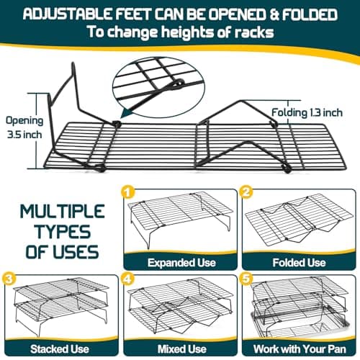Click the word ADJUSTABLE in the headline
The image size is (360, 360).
[68, 14]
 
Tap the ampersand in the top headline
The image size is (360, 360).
[274, 14]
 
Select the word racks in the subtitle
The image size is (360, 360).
[254, 32]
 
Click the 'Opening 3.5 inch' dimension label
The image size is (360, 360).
[24, 127]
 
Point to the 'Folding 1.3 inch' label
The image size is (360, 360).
[307, 112]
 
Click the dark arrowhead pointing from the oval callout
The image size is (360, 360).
[126, 113]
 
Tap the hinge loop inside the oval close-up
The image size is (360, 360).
[178, 83]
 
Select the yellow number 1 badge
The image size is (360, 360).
[128, 192]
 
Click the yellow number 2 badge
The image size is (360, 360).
[246, 192]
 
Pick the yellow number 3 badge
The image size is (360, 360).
[9, 279]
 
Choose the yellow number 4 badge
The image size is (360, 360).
[128, 279]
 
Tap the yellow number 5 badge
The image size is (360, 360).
[246, 279]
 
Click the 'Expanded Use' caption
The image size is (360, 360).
[181, 263]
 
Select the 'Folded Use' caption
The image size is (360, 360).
[299, 263]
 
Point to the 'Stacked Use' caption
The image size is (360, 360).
[60, 349]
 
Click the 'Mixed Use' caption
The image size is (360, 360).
[182, 349]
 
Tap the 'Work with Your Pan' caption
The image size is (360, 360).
[300, 349]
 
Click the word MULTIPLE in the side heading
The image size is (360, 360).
[62, 212]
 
